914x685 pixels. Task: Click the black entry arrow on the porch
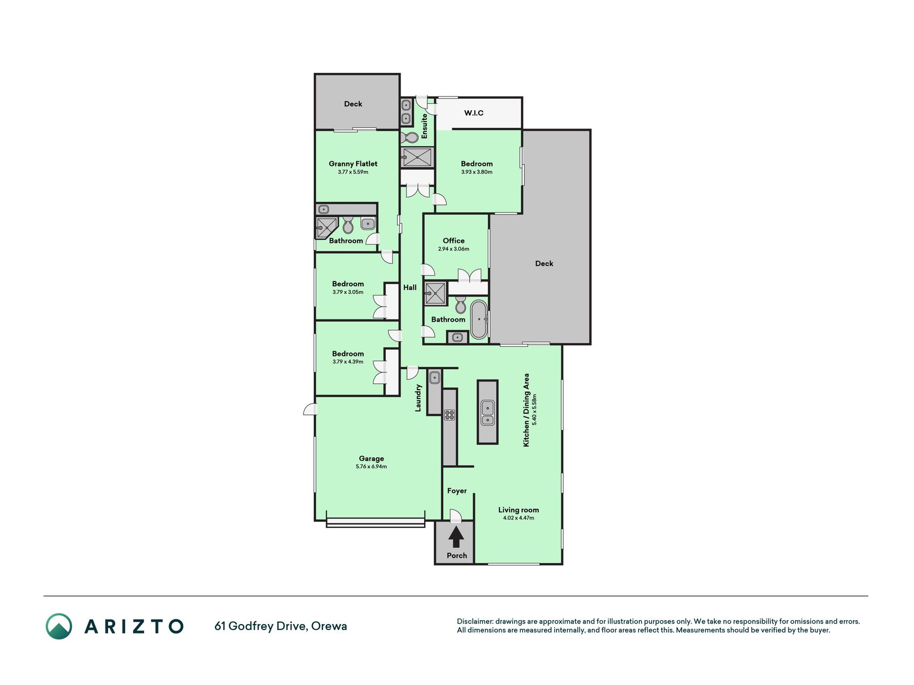(456, 537)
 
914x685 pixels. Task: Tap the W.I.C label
(474, 113)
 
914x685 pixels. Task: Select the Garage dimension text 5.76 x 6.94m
(371, 467)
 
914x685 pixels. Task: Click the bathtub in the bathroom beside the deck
(479, 319)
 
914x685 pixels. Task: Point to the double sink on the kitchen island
(487, 413)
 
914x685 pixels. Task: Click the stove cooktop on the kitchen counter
(449, 415)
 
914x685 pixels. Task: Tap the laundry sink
(434, 377)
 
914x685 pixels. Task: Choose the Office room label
(454, 241)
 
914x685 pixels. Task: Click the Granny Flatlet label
(353, 164)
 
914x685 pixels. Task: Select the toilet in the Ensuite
(410, 138)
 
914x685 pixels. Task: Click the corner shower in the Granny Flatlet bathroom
(327, 227)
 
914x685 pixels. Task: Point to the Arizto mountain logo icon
(59, 626)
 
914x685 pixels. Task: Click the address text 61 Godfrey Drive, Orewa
(281, 626)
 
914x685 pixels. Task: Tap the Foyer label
(457, 491)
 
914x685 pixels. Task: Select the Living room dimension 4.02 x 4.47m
(518, 518)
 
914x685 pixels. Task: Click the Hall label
(410, 287)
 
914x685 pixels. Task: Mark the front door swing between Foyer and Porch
(456, 515)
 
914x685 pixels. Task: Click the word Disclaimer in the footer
(474, 621)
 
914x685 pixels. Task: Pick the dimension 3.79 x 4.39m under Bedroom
(348, 362)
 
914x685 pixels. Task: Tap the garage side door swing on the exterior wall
(309, 409)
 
